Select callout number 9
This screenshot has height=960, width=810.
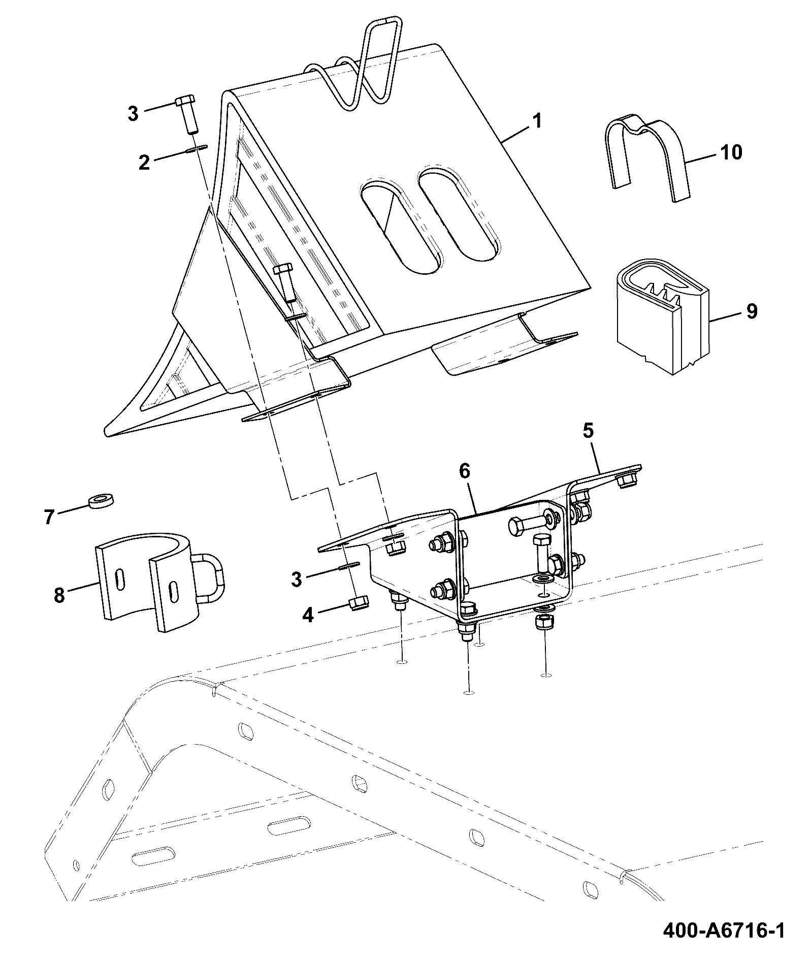pos(752,311)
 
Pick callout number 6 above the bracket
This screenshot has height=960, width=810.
pos(465,471)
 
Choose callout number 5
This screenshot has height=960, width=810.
pos(588,431)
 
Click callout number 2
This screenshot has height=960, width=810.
pos(144,163)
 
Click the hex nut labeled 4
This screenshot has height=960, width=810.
pos(359,603)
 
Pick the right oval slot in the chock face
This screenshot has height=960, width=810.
pos(460,213)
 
